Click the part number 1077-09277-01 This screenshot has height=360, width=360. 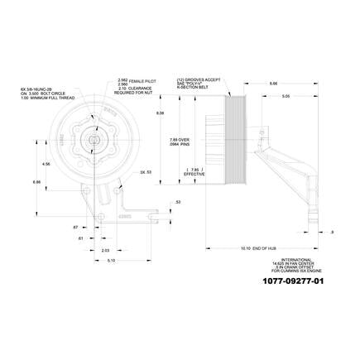pyautogui.click(x=294, y=281)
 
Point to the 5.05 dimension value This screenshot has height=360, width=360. pyautogui.click(x=285, y=97)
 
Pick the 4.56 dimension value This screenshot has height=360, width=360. pyautogui.click(x=46, y=164)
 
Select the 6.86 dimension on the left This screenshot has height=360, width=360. pyautogui.click(x=36, y=181)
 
